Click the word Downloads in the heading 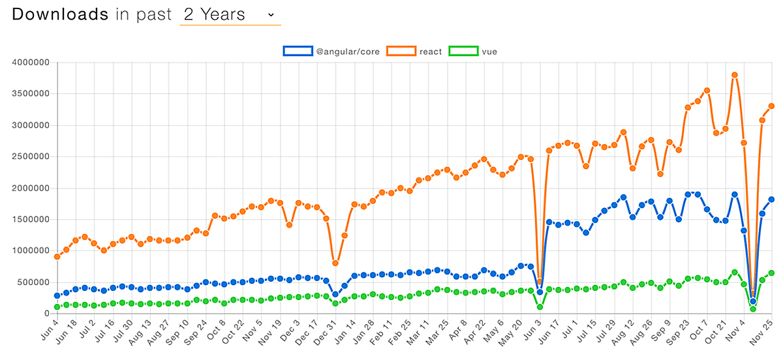tap(60, 14)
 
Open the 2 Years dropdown tap(230, 14)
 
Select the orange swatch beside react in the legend tap(401, 51)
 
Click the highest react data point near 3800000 tap(735, 75)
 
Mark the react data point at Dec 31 tap(335, 263)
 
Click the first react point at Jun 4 tap(57, 256)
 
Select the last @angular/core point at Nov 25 tap(771, 200)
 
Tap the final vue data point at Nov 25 tap(771, 273)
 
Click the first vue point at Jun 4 tap(57, 307)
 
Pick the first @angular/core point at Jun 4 tap(57, 295)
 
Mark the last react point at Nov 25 tap(771, 106)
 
